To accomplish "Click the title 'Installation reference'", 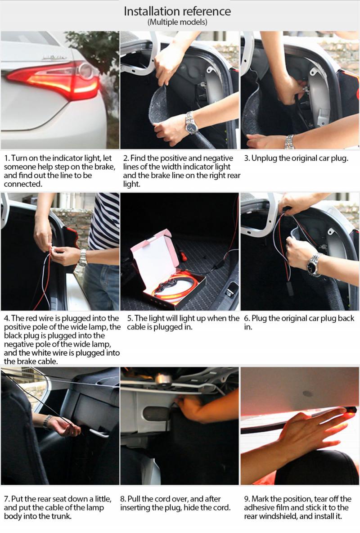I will (177, 11).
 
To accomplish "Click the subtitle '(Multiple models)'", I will (177, 23).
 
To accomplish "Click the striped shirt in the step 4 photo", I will (104, 221).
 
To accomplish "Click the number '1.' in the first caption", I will (7, 158).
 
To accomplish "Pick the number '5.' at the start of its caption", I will (130, 319).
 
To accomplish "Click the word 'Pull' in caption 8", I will (134, 499).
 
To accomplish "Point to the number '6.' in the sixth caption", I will (247, 319).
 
